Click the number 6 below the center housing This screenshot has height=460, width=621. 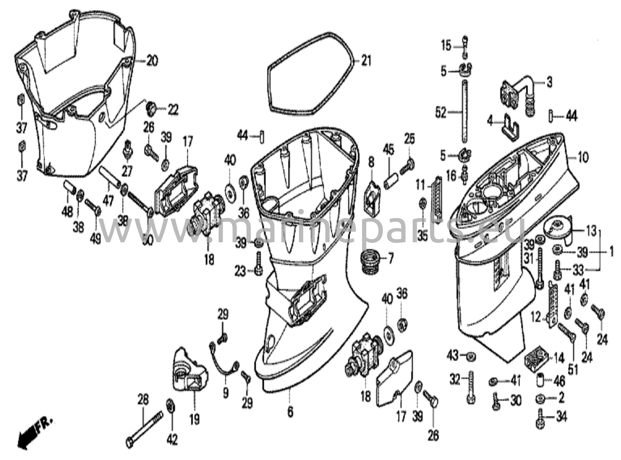pyautogui.click(x=290, y=412)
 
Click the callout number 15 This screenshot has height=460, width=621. pyautogui.click(x=446, y=47)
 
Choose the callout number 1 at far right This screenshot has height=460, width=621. pyautogui.click(x=611, y=251)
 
